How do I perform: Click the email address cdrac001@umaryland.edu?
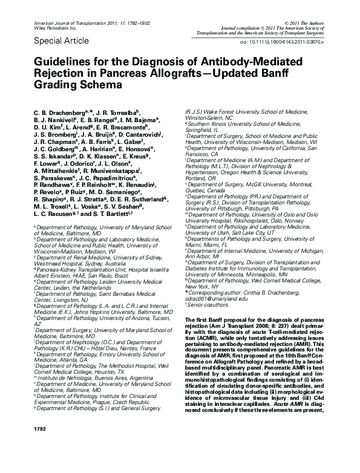click(217, 299)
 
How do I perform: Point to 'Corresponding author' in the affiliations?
click(215, 292)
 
